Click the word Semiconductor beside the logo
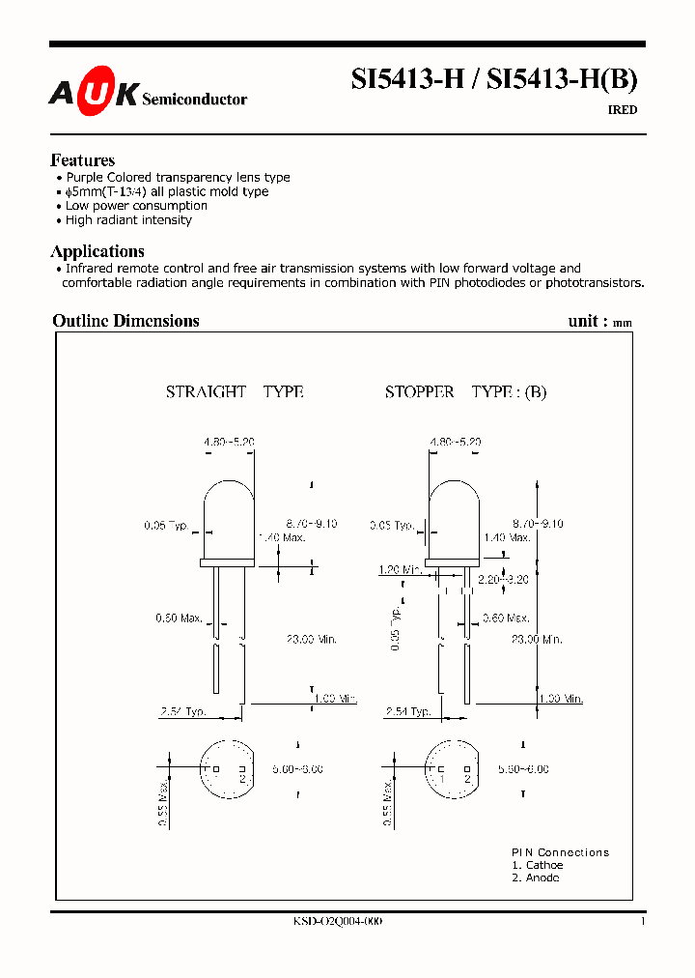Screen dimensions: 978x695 click(x=194, y=100)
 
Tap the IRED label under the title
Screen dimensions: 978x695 click(x=622, y=110)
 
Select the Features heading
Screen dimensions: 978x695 click(x=82, y=160)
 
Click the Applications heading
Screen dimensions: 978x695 click(x=97, y=251)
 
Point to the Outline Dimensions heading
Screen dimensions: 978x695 click(x=125, y=321)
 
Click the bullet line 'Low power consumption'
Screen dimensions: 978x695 click(x=136, y=206)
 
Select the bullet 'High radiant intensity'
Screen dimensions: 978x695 click(x=128, y=220)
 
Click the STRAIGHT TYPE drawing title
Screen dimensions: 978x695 click(x=235, y=391)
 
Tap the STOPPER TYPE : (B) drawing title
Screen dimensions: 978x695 click(x=465, y=391)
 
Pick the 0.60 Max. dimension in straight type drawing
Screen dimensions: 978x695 click(x=179, y=618)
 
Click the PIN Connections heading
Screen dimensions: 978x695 click(x=560, y=852)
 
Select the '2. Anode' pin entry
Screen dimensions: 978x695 click(x=535, y=877)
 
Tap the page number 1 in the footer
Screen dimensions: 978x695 click(x=642, y=922)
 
